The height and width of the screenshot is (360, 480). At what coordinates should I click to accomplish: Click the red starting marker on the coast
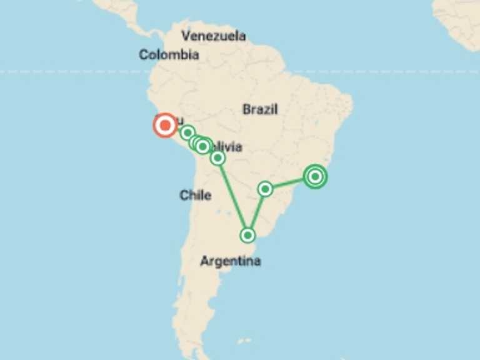pos(165,126)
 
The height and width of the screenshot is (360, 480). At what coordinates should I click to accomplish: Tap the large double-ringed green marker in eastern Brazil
pos(316,177)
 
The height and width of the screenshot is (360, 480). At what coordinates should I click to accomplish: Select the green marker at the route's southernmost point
pos(248,235)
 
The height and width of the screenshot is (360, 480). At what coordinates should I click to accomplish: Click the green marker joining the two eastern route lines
pos(266,189)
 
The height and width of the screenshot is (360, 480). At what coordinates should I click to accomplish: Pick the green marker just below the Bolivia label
pos(217,158)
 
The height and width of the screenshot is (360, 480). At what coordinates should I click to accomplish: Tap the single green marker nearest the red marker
pos(187,132)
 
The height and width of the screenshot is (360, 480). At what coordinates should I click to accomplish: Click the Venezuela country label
pos(212,36)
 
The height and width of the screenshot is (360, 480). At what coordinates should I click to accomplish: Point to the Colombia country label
pos(169,55)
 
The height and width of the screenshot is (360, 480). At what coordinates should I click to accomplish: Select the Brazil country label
pos(260,110)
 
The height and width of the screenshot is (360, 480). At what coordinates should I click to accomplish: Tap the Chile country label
pos(195,196)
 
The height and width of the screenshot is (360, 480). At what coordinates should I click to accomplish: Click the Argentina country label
pos(230,261)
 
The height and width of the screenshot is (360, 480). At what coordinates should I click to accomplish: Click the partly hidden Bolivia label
pos(226,147)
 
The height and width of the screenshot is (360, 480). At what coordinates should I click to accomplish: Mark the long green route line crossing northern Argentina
pos(232,196)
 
